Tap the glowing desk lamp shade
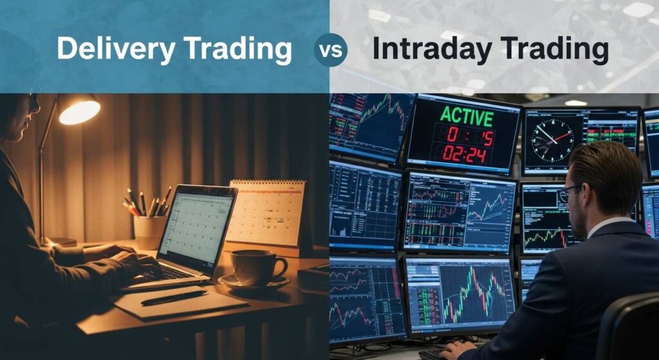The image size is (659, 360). (79, 109)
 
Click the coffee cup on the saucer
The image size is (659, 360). (255, 266)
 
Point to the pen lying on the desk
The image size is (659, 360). (174, 298)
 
